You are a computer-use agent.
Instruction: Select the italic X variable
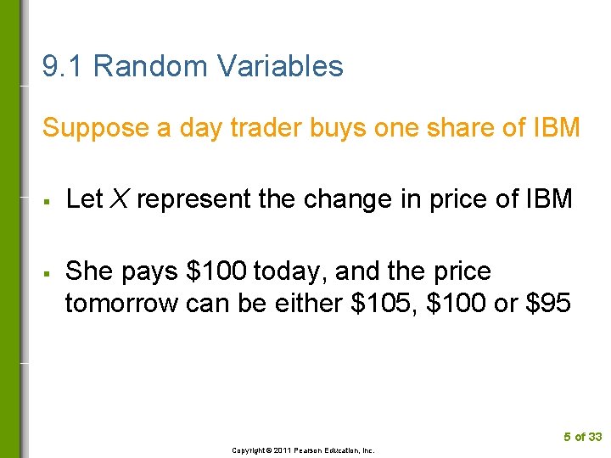(120, 199)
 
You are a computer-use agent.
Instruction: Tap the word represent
(190, 200)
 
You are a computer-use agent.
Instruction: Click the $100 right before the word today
(216, 272)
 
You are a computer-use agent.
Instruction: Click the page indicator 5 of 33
(583, 437)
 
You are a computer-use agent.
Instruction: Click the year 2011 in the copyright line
(283, 450)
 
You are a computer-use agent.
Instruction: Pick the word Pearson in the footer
(312, 450)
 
